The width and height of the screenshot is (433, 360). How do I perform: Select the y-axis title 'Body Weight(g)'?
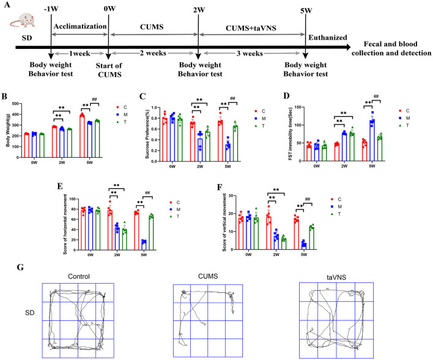coord(9,131)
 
